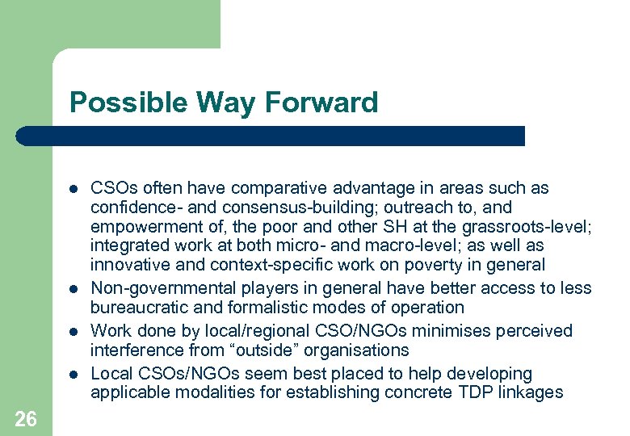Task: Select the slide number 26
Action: point(25,418)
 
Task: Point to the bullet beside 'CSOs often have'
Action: point(72,189)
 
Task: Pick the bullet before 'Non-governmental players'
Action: point(72,289)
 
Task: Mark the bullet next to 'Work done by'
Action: point(72,332)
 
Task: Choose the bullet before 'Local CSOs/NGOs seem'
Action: point(72,375)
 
